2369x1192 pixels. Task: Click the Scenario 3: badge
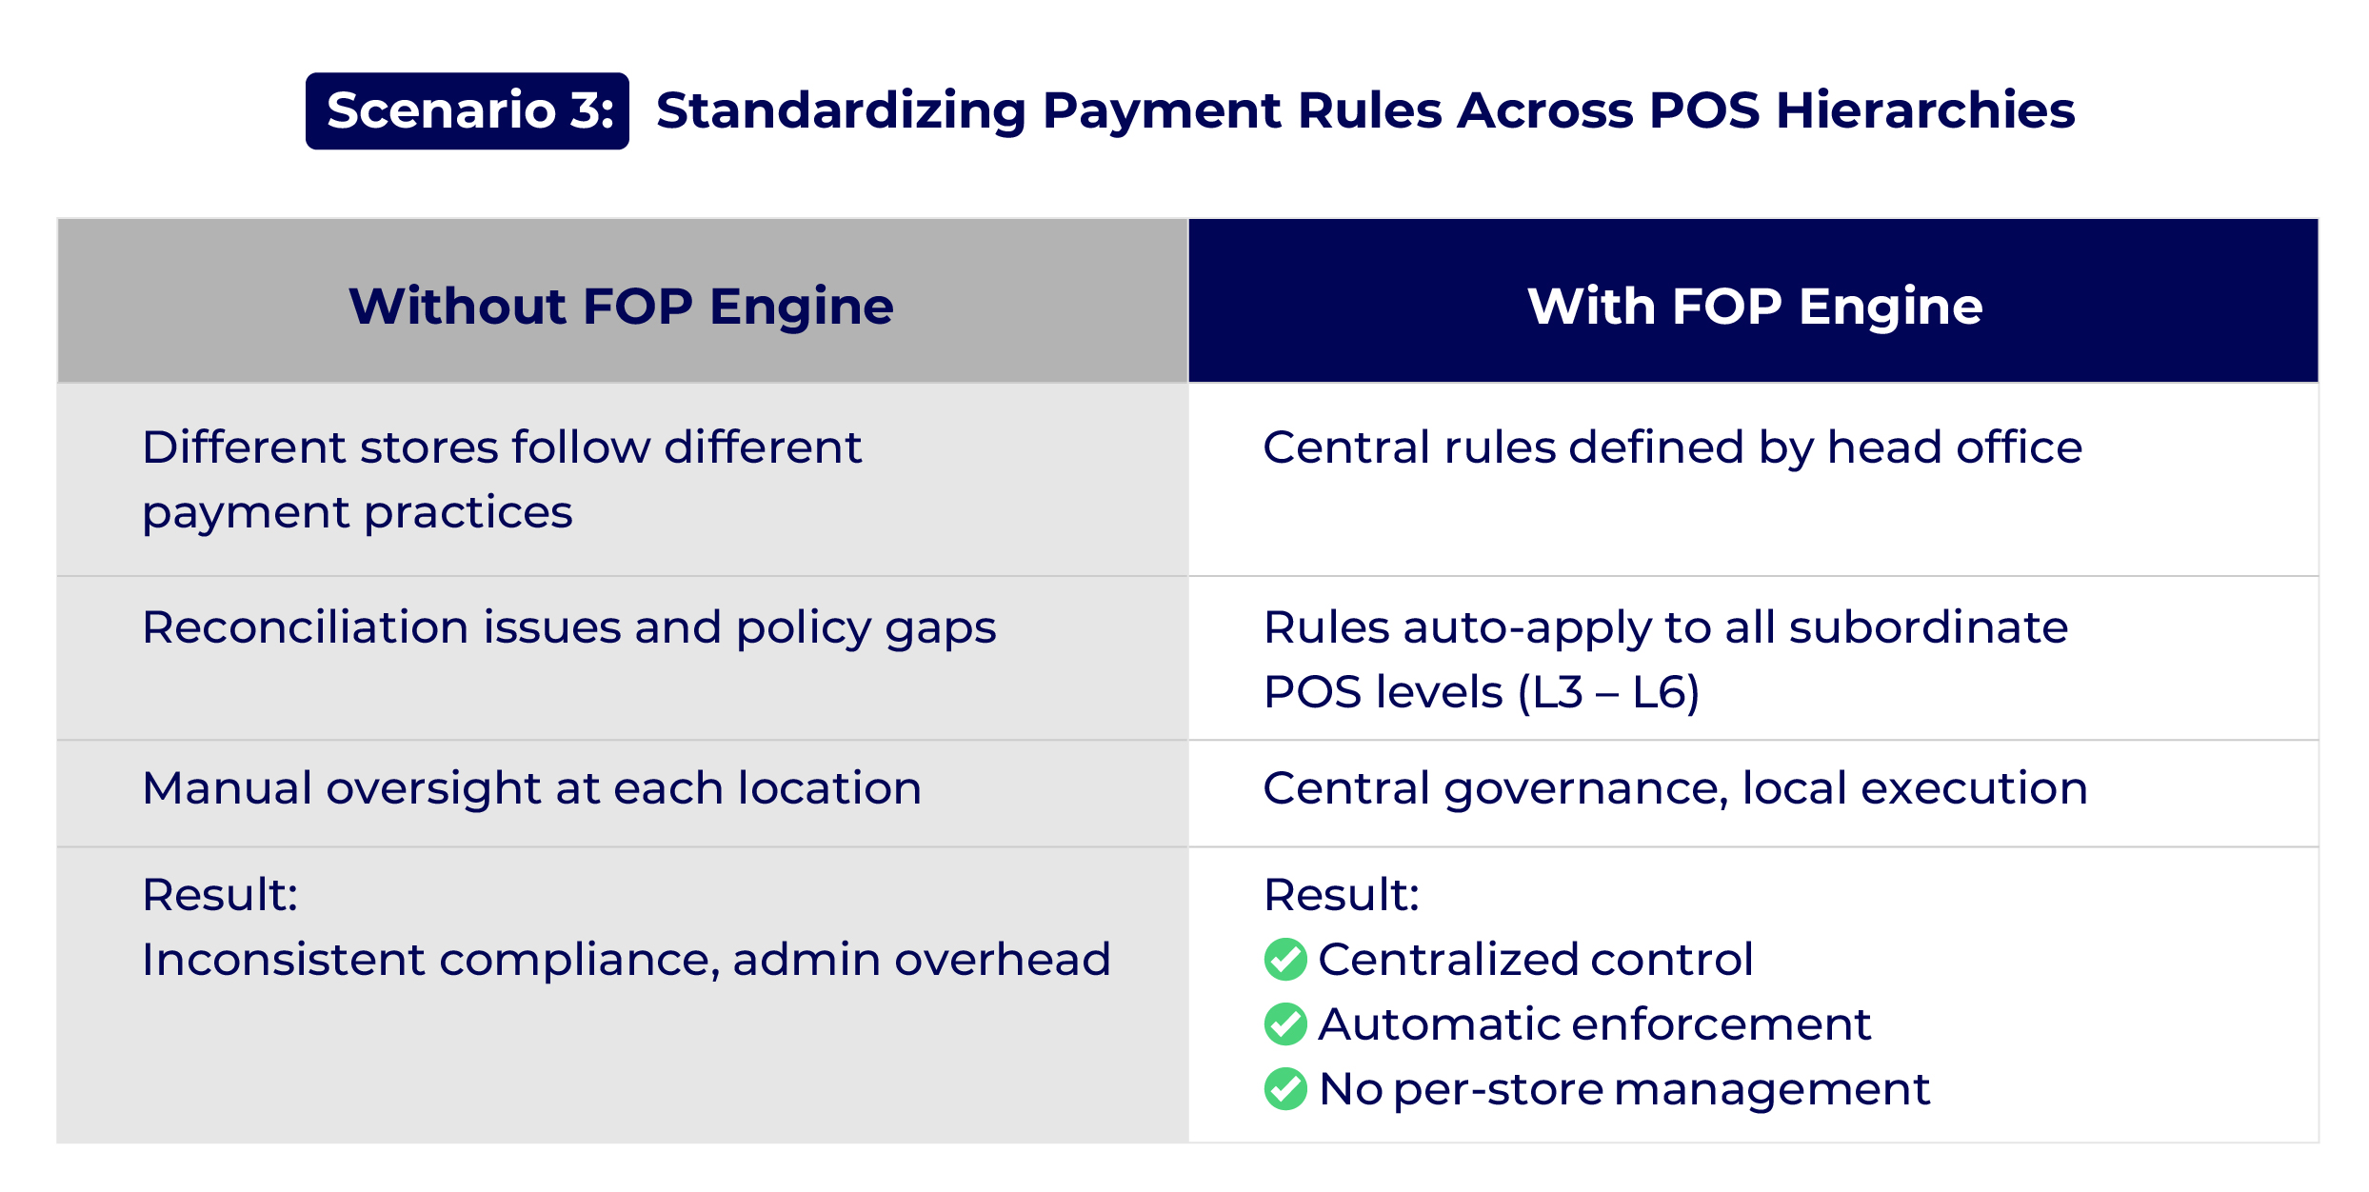[467, 110]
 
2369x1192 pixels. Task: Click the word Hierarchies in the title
[1924, 110]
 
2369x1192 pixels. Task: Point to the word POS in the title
[1704, 110]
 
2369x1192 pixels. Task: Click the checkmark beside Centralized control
[1285, 959]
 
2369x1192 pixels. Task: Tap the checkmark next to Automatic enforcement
[1285, 1023]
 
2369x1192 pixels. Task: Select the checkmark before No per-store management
[1285, 1089]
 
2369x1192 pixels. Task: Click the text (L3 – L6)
[1608, 692]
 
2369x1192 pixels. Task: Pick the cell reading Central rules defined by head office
[1672, 447]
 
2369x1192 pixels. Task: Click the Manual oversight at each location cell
[531, 788]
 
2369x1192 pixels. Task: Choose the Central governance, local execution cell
[1675, 788]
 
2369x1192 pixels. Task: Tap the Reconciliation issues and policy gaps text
[568, 627]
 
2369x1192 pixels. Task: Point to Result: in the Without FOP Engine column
[220, 895]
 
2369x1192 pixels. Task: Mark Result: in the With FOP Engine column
[1341, 895]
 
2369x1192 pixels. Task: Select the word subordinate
[1928, 627]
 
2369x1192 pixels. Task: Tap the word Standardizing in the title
[841, 110]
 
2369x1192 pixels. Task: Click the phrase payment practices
[357, 513]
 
